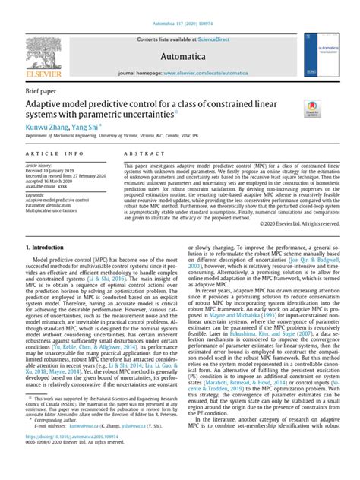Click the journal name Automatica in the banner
179,56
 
